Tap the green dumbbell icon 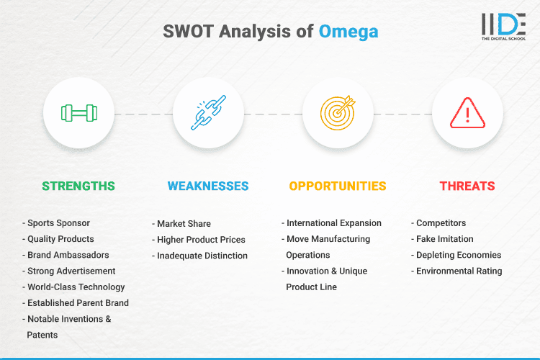78,113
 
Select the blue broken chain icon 208,113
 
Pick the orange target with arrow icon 338,113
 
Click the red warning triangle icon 467,113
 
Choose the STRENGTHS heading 78,186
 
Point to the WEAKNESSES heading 208,186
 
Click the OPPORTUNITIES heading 338,186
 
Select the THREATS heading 467,186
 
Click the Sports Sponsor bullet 60,223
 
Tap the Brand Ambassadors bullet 68,255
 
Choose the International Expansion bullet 333,223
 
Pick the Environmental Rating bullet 459,271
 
